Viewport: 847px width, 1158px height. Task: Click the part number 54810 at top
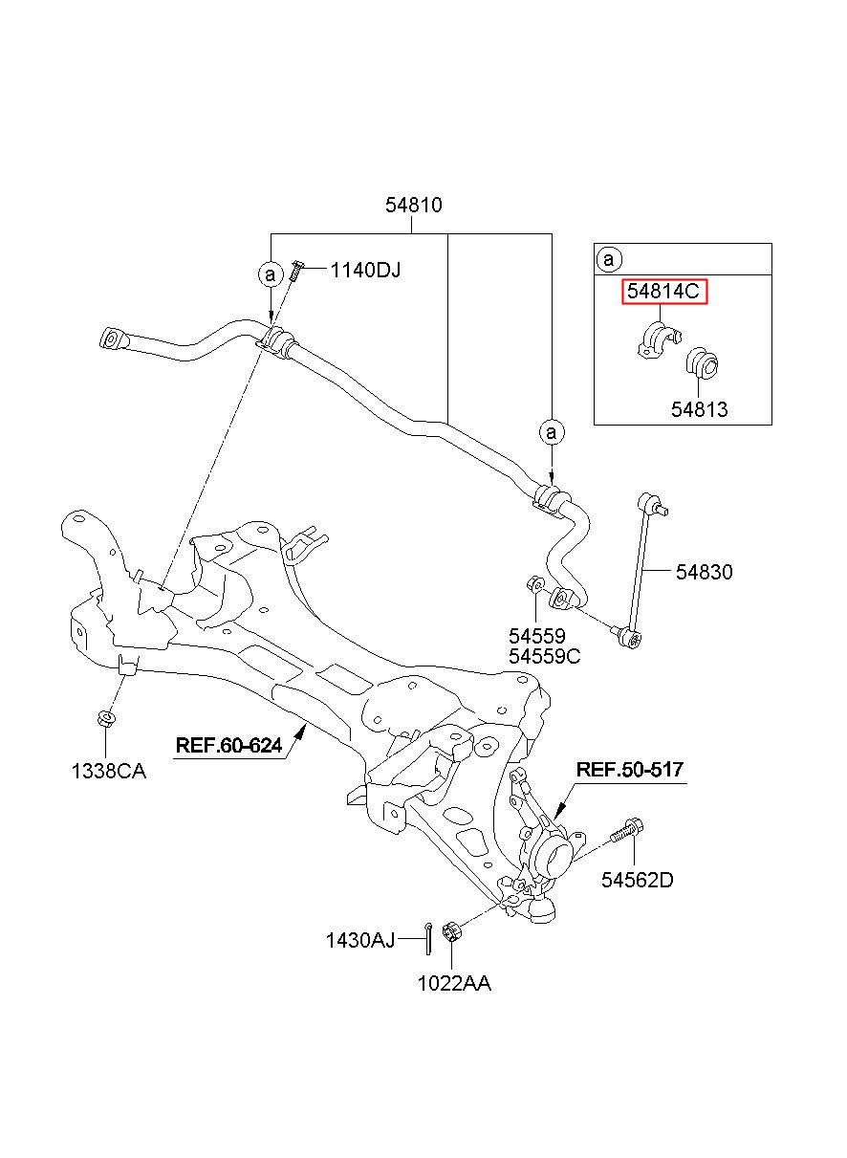point(413,206)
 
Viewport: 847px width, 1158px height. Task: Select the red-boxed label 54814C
point(663,292)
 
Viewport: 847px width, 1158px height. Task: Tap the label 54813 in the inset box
point(699,409)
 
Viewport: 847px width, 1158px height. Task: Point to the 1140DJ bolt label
point(365,270)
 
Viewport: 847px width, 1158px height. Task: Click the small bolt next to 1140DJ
point(296,270)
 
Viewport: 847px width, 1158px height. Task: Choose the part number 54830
point(705,572)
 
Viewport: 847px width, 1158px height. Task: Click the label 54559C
point(544,657)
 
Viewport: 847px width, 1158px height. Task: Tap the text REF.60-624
point(228,745)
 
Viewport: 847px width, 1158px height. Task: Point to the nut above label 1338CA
point(106,717)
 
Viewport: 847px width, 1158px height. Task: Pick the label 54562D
point(638,880)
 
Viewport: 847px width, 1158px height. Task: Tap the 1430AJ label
point(360,940)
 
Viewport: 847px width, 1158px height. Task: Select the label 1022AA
point(454,984)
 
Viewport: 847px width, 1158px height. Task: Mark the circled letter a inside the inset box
point(609,259)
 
